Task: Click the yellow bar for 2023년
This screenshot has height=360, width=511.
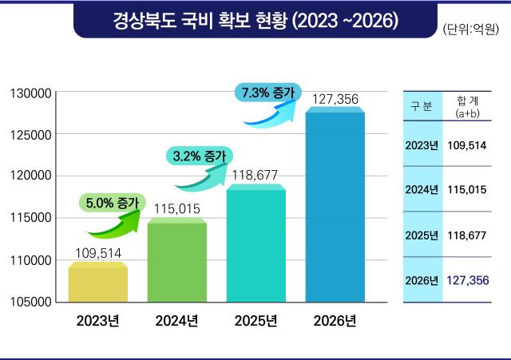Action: coord(97,283)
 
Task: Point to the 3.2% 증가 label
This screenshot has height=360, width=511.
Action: coord(199,156)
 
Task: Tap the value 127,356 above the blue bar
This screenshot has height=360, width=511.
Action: coord(335,100)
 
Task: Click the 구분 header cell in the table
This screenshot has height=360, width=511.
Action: coord(422,107)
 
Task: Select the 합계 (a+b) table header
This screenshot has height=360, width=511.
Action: coord(466,107)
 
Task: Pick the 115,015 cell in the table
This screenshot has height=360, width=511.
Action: coord(466,189)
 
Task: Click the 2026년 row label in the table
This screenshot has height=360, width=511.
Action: coord(422,280)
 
